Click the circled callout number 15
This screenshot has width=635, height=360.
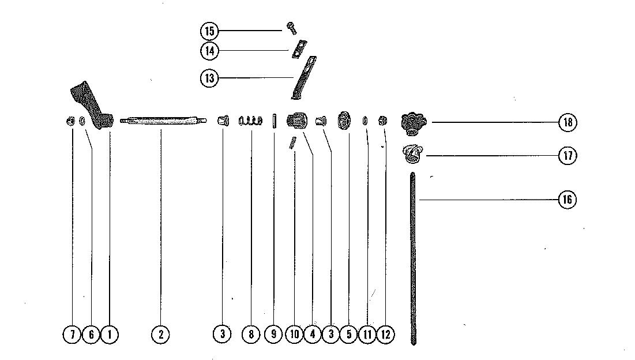click(x=209, y=31)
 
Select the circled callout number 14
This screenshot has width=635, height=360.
click(x=209, y=51)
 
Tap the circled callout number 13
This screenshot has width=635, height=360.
click(x=209, y=78)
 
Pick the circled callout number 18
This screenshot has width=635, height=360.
click(x=568, y=122)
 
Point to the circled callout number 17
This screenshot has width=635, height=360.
click(x=568, y=156)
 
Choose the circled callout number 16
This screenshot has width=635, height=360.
click(x=568, y=200)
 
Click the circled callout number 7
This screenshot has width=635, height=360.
click(x=72, y=334)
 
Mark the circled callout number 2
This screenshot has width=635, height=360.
click(x=160, y=334)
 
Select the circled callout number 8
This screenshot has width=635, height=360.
click(x=251, y=334)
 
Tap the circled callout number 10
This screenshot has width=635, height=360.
click(x=294, y=334)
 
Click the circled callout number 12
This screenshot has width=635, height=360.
click(x=386, y=334)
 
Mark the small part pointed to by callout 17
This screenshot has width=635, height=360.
click(x=412, y=153)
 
